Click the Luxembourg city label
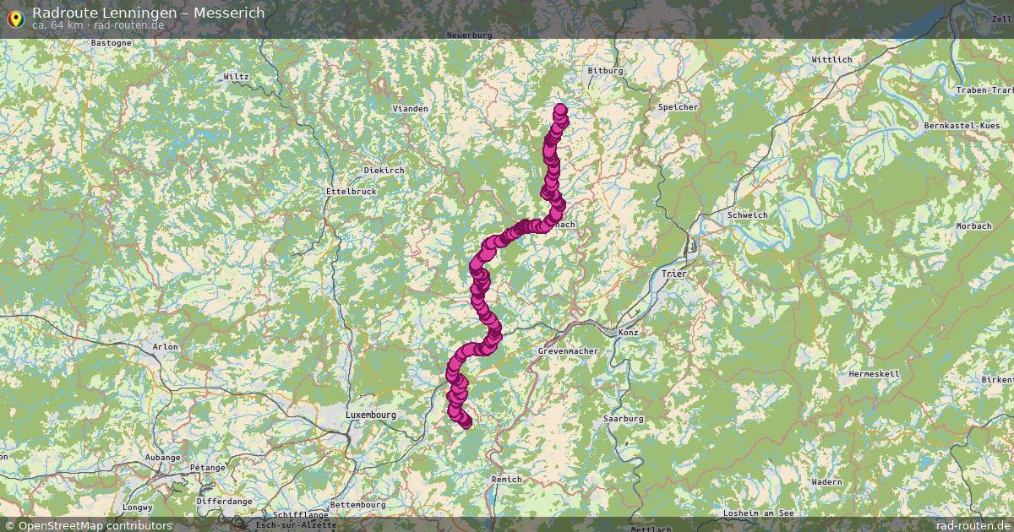370,415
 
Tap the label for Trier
674,274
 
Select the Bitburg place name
604,71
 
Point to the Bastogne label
111,42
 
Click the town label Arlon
165,346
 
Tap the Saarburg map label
624,419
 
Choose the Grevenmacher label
568,350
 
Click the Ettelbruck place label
351,192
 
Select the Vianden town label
411,109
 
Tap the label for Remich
506,480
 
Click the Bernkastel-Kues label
966,125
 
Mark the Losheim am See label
759,513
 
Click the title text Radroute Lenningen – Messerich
148,13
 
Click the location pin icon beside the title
14,17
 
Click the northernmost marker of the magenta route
560,110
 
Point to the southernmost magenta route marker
466,423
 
